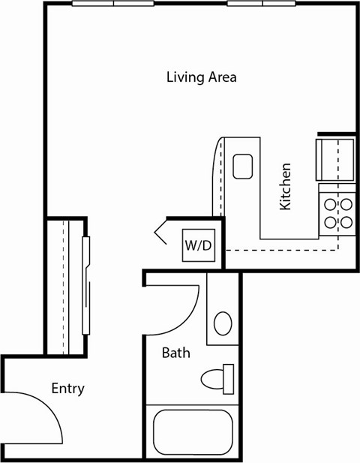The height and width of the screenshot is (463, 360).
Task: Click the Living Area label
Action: pyautogui.click(x=201, y=77)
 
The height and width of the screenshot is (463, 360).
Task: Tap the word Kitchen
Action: pyautogui.click(x=285, y=186)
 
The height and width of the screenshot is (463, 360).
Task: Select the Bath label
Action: pyautogui.click(x=176, y=352)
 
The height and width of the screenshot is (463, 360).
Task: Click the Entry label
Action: pyautogui.click(x=67, y=388)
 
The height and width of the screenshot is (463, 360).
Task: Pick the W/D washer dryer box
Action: pyautogui.click(x=198, y=245)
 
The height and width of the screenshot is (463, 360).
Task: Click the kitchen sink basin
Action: pyautogui.click(x=242, y=166)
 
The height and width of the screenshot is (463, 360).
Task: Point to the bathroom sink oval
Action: pyautogui.click(x=223, y=323)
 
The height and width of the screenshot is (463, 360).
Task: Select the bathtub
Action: pyautogui.click(x=193, y=431)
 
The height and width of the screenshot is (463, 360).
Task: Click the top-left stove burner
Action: pyautogui.click(x=329, y=204)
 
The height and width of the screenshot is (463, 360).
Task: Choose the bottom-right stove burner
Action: pyautogui.click(x=346, y=221)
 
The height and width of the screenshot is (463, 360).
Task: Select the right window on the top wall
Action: pyautogui.click(x=262, y=4)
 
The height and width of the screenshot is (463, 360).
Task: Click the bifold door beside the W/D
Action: pyautogui.click(x=163, y=231)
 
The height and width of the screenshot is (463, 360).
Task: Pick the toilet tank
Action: pyautogui.click(x=229, y=378)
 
